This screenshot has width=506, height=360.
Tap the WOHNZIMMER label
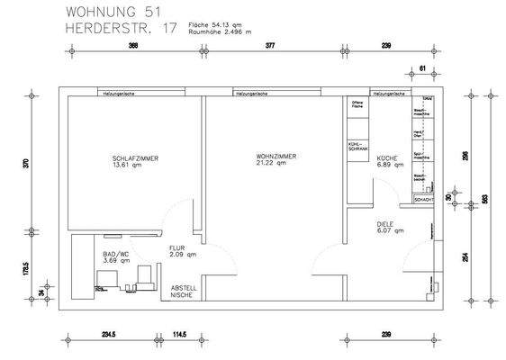[276, 157]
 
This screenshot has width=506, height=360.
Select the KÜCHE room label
[388, 158]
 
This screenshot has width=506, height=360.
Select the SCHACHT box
[424, 199]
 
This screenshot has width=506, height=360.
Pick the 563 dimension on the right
[486, 199]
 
